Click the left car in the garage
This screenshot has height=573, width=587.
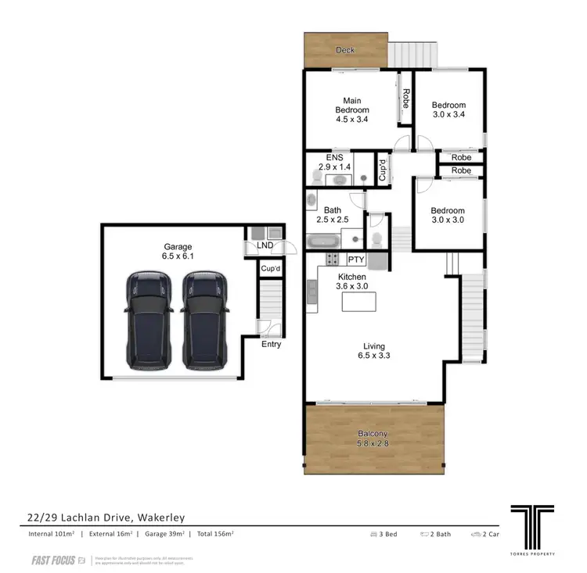pyautogui.click(x=149, y=320)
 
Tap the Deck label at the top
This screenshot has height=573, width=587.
pyautogui.click(x=345, y=50)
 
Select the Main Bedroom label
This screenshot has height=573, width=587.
pyautogui.click(x=351, y=109)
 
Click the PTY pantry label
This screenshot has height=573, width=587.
pyautogui.click(x=356, y=260)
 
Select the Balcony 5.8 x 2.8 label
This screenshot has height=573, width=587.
pyautogui.click(x=373, y=439)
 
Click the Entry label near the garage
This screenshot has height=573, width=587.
pyautogui.click(x=271, y=344)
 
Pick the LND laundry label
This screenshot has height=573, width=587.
pyautogui.click(x=265, y=245)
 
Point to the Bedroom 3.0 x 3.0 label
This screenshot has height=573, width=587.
pyautogui.click(x=448, y=215)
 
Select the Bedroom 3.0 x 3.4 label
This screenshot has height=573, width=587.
pyautogui.click(x=448, y=109)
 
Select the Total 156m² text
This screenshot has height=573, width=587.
pyautogui.click(x=215, y=534)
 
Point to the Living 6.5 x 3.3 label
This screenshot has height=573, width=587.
pyautogui.click(x=373, y=351)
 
